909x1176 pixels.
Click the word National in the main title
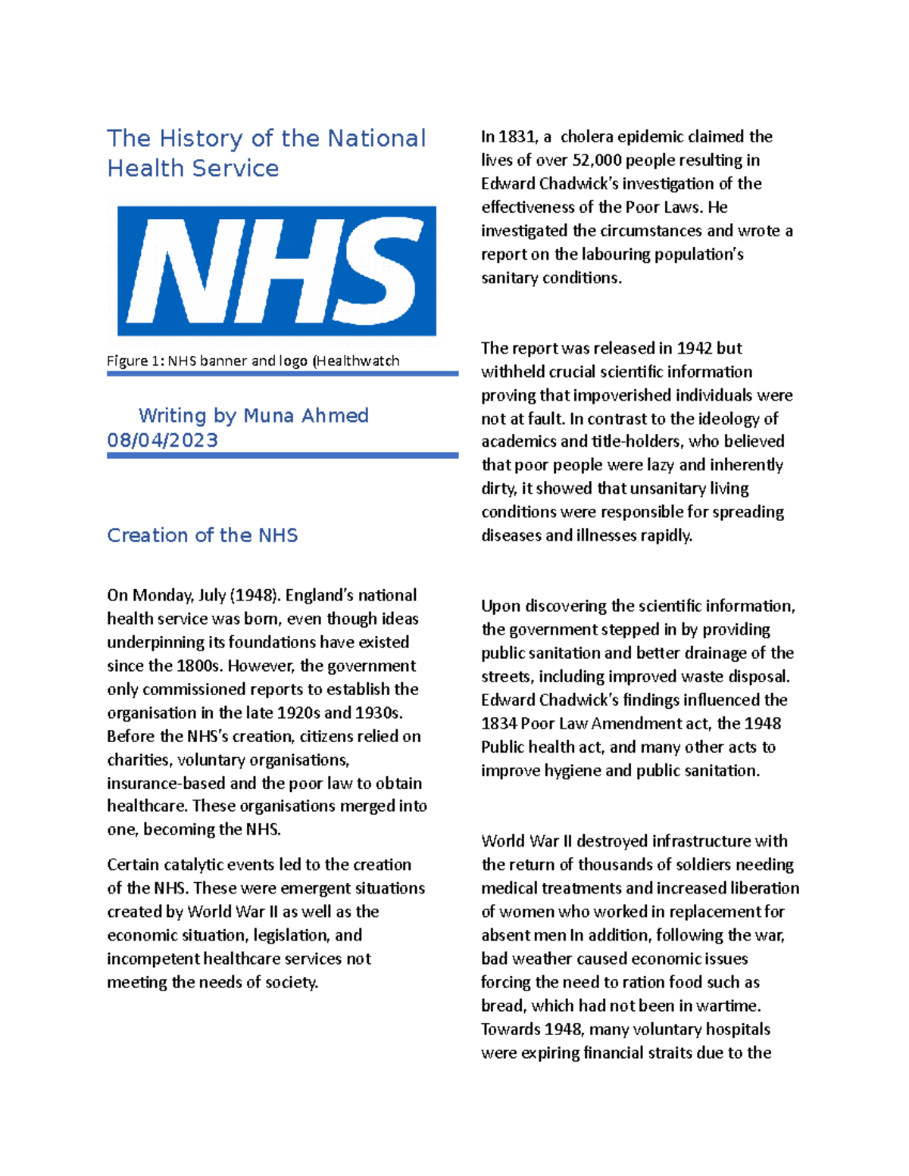tap(376, 139)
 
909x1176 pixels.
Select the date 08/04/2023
tap(162, 440)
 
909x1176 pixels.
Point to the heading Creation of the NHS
tap(202, 535)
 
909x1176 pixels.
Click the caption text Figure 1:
tap(135, 361)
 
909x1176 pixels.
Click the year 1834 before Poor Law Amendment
tap(498, 724)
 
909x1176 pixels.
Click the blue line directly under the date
tap(282, 455)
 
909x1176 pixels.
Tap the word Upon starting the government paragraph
tap(501, 606)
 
